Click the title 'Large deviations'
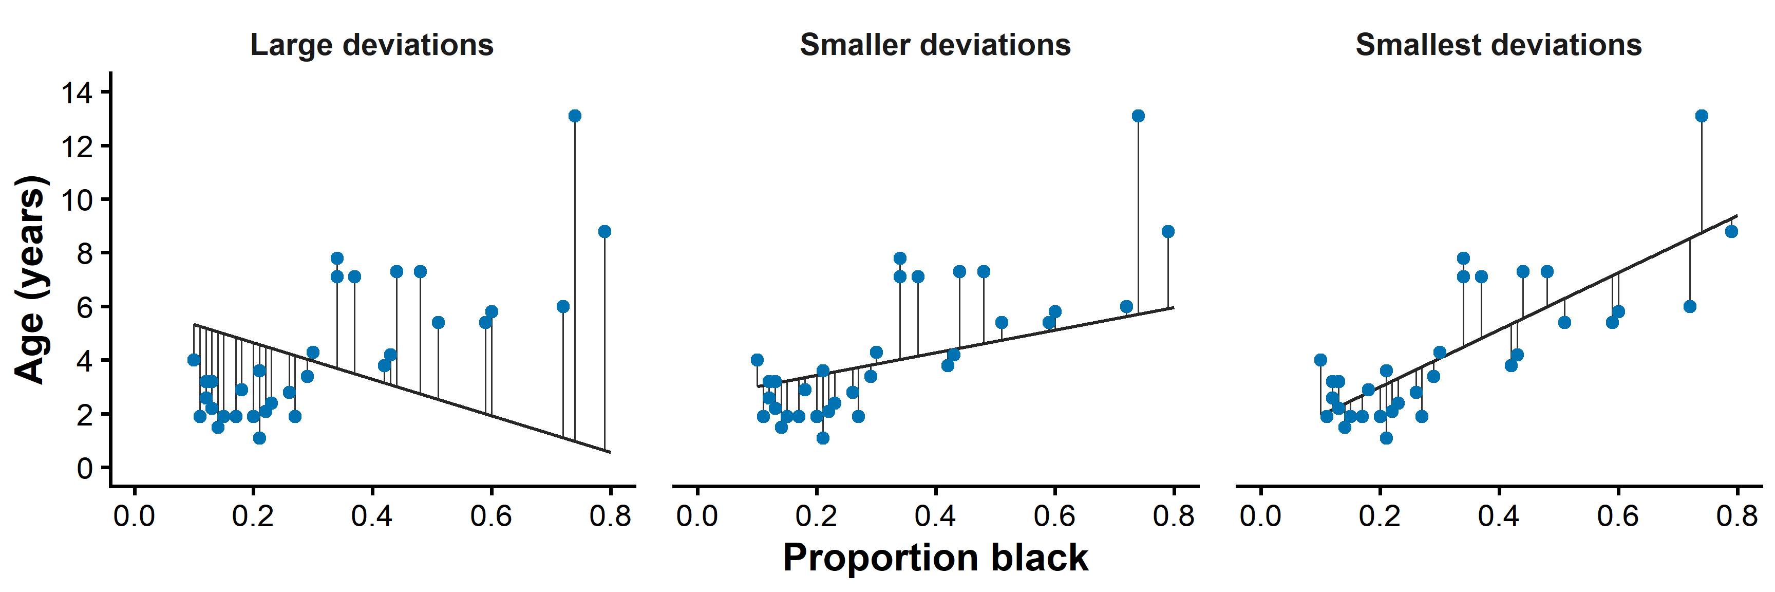371,46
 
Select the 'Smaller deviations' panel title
935,46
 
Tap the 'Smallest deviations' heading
1499,46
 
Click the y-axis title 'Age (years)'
31,279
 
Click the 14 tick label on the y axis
77,92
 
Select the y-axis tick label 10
77,200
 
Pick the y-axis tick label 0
85,469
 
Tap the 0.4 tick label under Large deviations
372,515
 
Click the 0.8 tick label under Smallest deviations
1737,515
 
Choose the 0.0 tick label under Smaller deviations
697,515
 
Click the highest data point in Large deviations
575,116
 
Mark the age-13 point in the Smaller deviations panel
1138,116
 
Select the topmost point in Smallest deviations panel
1701,116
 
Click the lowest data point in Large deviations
259,438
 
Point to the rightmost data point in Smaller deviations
1168,232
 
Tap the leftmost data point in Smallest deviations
1320,360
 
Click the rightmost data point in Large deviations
605,232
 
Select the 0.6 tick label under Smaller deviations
1054,515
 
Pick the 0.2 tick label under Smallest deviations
1380,515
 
